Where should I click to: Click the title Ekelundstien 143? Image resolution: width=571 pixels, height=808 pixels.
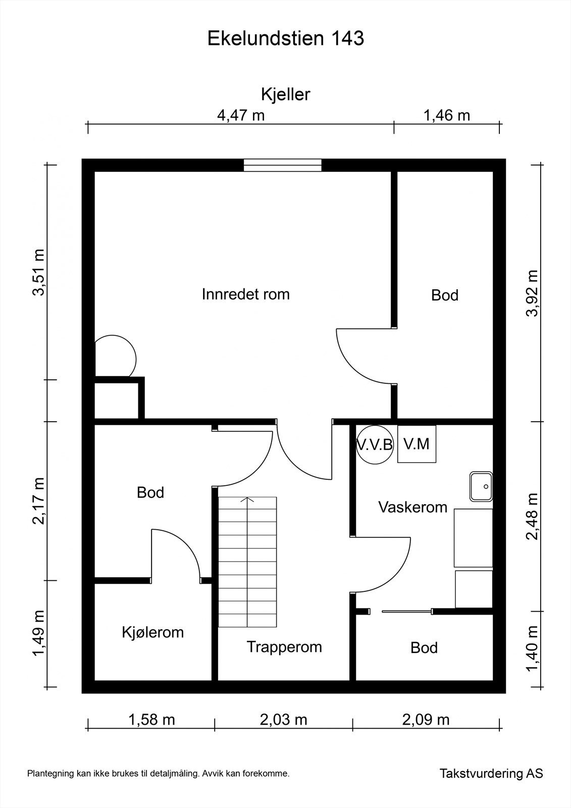286,38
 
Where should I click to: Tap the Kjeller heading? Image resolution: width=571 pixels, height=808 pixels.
286,94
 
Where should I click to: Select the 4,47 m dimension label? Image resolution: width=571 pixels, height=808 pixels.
241,116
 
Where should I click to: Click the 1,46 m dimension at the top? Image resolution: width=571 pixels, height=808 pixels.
447,116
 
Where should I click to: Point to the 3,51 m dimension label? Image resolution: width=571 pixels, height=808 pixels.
38,272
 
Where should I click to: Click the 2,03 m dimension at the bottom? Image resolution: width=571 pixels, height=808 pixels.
284,720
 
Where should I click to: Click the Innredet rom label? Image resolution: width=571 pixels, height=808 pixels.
246,294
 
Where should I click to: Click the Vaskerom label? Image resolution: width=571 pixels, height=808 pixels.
412,507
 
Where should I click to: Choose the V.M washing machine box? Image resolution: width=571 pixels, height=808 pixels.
417,444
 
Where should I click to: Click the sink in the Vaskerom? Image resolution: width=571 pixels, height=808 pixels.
481,486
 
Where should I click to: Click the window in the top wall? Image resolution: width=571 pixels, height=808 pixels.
282,165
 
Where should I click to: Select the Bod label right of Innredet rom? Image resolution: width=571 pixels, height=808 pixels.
445,295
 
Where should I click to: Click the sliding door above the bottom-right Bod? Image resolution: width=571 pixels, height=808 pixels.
406,611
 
